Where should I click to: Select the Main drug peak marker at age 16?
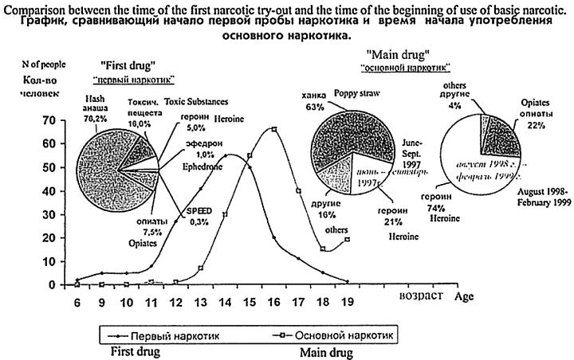[273, 129]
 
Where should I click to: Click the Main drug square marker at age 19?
[348, 240]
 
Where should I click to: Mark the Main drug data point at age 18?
[323, 248]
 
